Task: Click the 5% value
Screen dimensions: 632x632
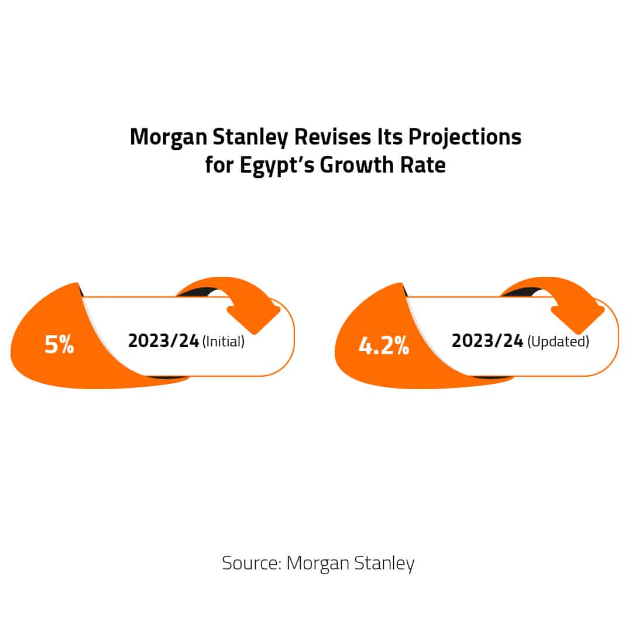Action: (59, 345)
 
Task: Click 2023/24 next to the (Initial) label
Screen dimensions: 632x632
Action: (163, 341)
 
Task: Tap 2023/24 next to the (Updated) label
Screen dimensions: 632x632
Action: (487, 341)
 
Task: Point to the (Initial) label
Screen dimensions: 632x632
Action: (223, 342)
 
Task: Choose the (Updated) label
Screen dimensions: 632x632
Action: (558, 342)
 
